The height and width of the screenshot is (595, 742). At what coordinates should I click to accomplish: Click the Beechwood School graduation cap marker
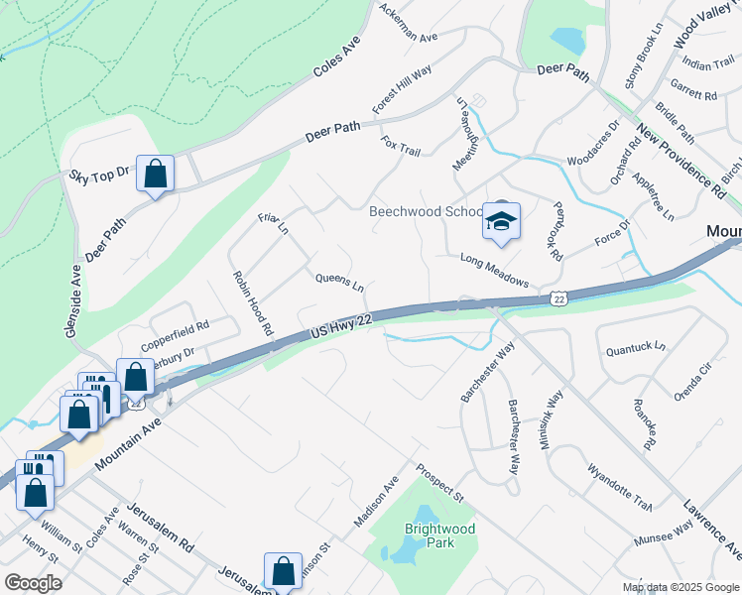tap(501, 222)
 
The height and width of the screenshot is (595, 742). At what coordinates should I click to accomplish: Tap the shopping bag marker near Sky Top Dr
tap(156, 175)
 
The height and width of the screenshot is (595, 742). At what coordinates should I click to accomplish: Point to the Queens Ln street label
tap(339, 283)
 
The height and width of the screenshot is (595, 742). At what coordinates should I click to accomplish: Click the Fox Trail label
tap(401, 145)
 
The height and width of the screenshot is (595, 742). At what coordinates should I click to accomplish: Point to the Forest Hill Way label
tap(402, 91)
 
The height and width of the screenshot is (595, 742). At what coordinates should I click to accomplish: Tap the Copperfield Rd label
tap(175, 331)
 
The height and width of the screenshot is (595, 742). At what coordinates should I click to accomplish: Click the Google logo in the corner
tap(32, 583)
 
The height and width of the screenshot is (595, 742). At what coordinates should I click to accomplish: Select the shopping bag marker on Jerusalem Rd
tap(283, 571)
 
